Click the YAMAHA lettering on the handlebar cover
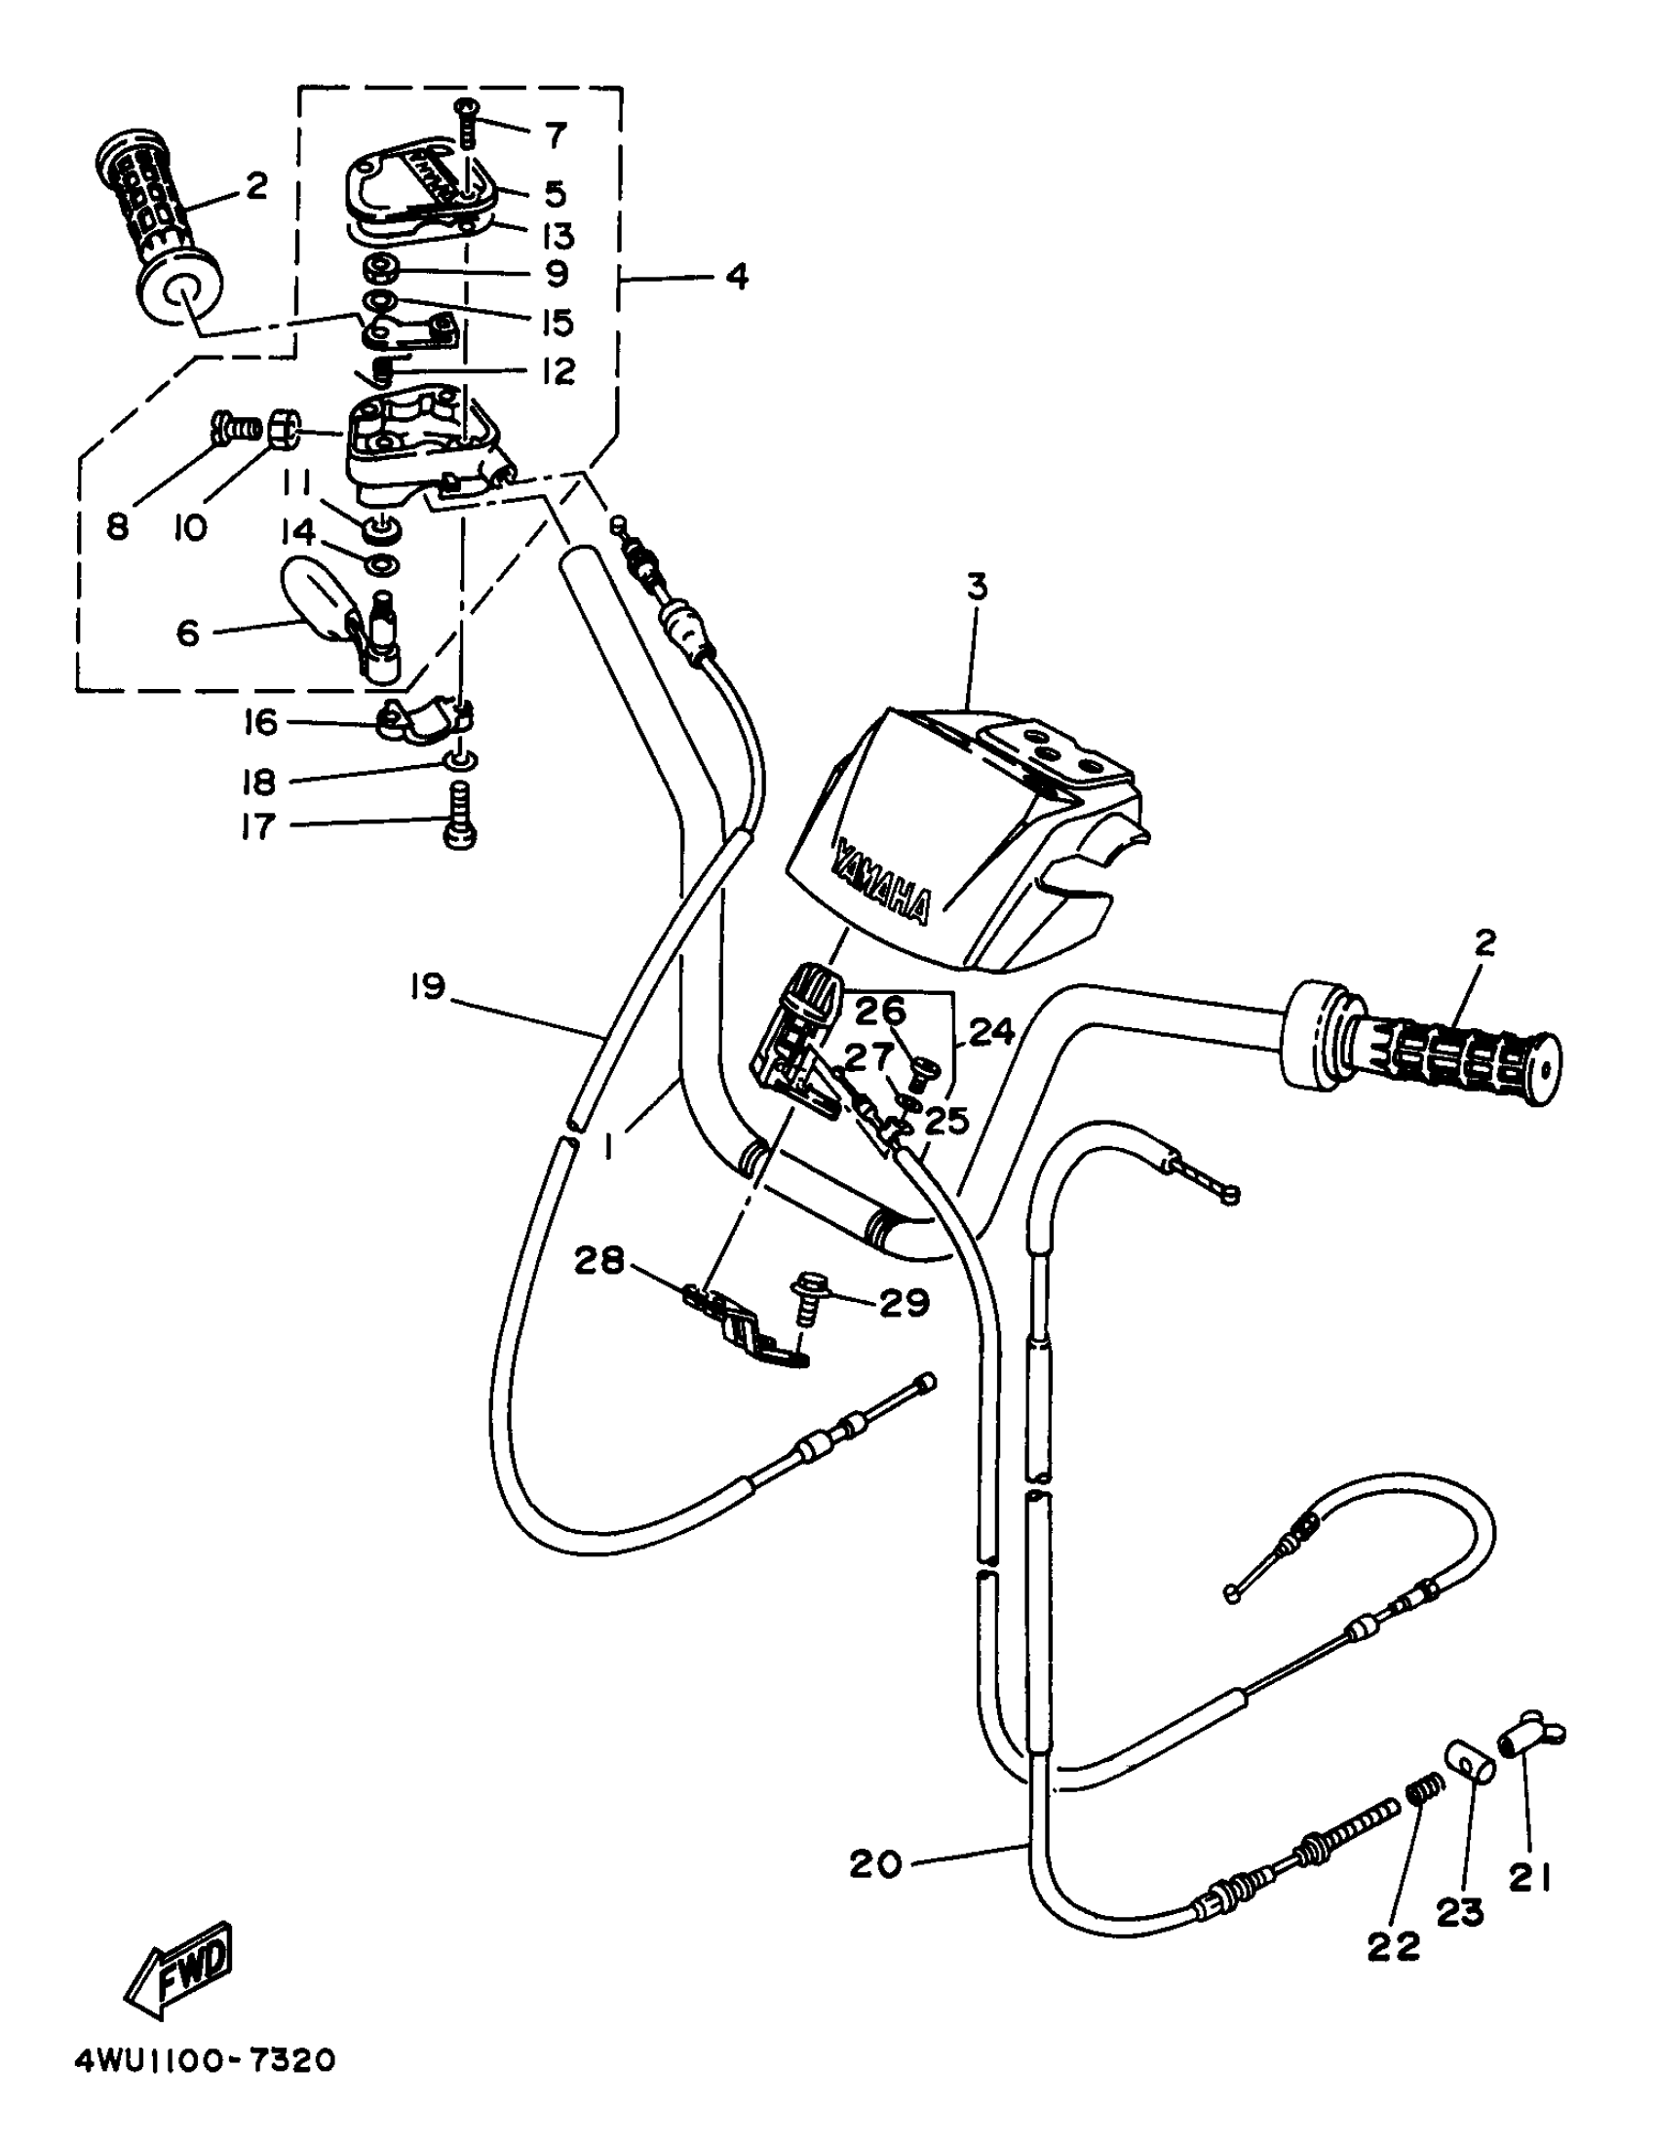tap(880, 878)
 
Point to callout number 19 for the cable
tap(428, 985)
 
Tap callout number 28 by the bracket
tap(598, 1259)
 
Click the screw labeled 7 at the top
tap(465, 122)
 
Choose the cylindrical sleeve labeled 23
tap(1469, 1763)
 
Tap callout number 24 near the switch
tap(989, 1031)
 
